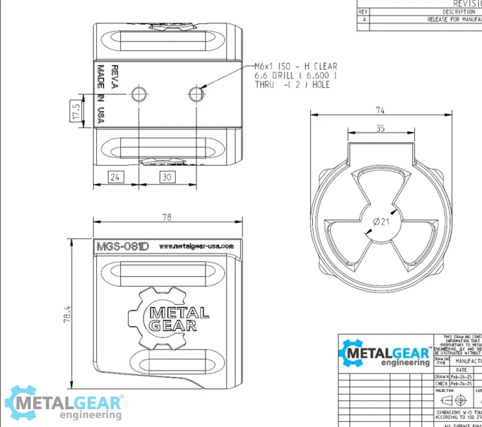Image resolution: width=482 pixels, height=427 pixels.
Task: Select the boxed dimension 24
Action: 115,177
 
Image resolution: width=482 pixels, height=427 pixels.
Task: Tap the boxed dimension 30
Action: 167,177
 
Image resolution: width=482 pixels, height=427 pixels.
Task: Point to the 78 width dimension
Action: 167,217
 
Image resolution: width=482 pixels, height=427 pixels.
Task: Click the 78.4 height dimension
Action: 68,314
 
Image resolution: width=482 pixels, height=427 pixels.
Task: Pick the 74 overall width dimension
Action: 380,110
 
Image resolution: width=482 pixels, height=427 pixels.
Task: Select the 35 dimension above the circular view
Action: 380,128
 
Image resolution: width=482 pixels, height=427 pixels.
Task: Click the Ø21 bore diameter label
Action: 381,221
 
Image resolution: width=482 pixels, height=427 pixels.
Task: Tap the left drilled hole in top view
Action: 139,94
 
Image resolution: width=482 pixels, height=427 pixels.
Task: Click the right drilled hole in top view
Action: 196,94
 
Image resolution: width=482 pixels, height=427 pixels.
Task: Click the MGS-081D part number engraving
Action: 123,246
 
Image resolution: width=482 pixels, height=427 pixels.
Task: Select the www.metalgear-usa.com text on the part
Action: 196,246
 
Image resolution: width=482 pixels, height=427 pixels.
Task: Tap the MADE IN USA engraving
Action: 101,94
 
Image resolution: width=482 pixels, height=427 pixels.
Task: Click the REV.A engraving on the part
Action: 115,77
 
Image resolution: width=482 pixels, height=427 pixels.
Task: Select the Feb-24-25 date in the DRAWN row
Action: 461,376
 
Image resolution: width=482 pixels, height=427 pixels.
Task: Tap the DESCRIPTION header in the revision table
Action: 458,12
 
